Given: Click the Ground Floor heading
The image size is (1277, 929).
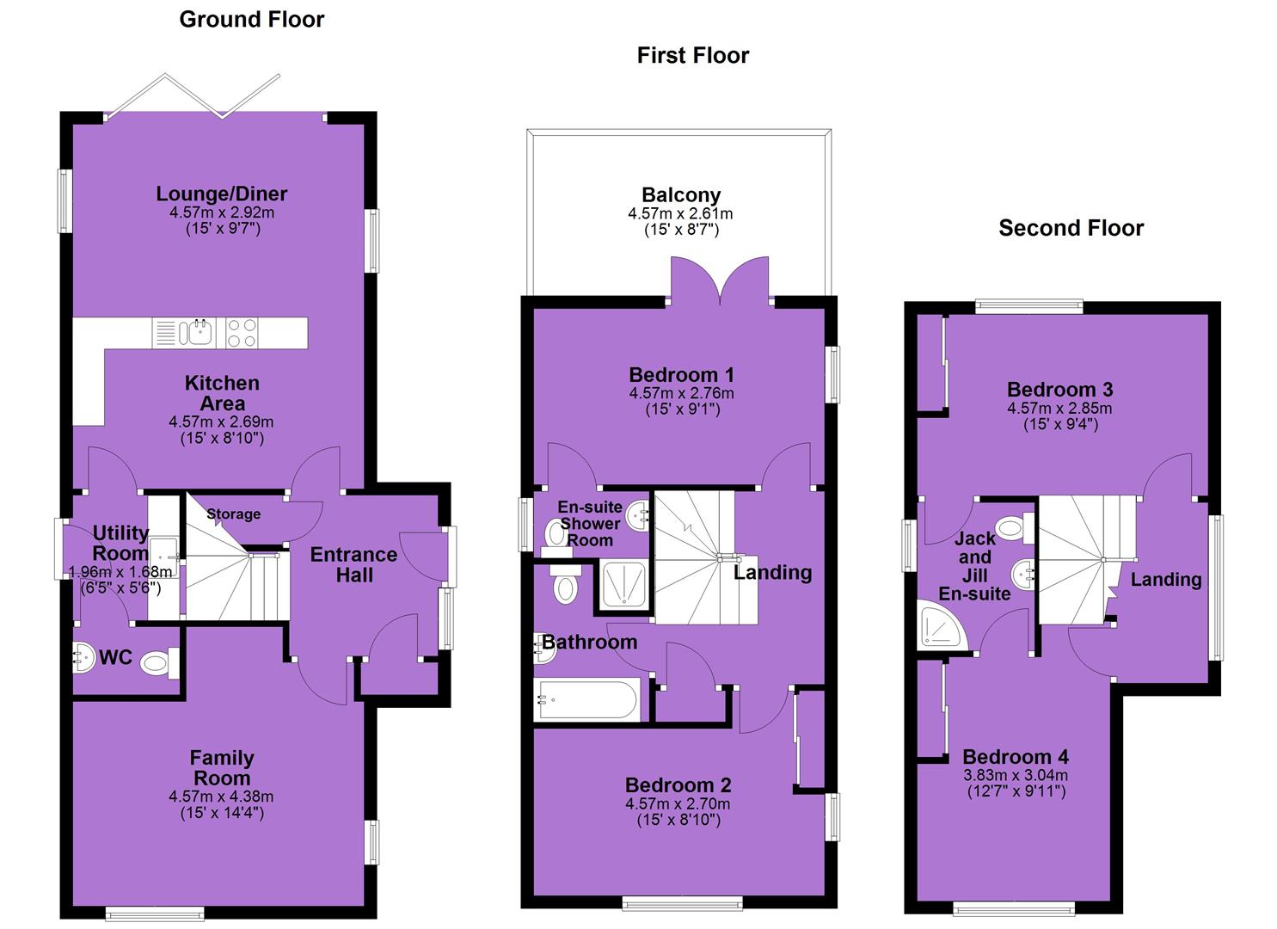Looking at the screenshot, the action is pyautogui.click(x=251, y=20).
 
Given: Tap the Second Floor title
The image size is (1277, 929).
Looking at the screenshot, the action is pyautogui.click(x=1071, y=228).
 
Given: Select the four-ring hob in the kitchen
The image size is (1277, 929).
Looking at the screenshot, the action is pyautogui.click(x=242, y=333).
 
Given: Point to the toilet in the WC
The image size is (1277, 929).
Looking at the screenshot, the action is pyautogui.click(x=159, y=663).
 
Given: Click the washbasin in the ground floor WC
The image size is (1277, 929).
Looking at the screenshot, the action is pyautogui.click(x=84, y=657).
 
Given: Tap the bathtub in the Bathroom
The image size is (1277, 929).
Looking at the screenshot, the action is pyautogui.click(x=586, y=699).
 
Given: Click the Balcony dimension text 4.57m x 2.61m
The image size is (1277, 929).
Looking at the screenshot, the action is pyautogui.click(x=681, y=214).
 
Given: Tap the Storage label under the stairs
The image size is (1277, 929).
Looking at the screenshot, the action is pyautogui.click(x=234, y=514).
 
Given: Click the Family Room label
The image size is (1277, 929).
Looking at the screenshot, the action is pyautogui.click(x=222, y=767).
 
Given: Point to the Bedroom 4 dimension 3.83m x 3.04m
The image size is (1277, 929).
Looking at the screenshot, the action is pyautogui.click(x=1016, y=775).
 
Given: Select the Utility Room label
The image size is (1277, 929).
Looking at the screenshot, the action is pyautogui.click(x=120, y=543).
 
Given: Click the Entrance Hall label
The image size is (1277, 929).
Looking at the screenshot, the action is pyautogui.click(x=354, y=564).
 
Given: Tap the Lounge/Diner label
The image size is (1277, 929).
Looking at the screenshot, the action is pyautogui.click(x=222, y=194).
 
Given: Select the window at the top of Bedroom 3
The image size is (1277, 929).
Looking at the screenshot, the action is pyautogui.click(x=1029, y=307).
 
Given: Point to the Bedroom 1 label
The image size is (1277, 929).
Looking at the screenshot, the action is pyautogui.click(x=681, y=375).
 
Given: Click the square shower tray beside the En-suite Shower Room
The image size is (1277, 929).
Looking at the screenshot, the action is pyautogui.click(x=625, y=586).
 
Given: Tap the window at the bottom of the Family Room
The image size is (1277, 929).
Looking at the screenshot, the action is pyautogui.click(x=155, y=913).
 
